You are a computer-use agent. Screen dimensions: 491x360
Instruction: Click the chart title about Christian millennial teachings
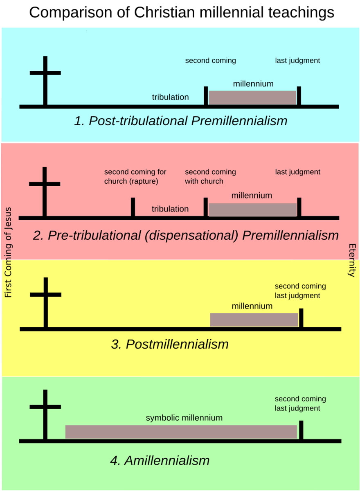182,13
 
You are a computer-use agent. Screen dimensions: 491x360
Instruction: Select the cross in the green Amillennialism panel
45,413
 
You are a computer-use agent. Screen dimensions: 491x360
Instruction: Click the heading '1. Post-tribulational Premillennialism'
180,121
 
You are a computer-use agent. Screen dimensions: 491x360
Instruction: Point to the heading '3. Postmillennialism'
169,344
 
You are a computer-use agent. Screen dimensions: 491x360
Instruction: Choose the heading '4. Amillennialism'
160,460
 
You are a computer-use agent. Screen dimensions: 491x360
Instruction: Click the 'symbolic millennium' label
184,418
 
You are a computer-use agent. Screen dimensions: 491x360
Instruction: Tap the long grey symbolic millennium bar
181,432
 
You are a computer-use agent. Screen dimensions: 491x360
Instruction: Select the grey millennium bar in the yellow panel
254,320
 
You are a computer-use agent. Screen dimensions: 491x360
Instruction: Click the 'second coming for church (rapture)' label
135,176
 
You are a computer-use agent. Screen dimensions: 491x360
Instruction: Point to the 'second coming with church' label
210,176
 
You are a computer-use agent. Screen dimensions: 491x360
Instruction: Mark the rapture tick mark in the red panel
133,207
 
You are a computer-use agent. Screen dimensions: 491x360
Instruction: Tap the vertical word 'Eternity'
351,260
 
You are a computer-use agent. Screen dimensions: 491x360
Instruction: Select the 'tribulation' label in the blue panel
170,97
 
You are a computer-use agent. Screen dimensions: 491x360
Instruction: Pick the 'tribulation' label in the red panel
170,209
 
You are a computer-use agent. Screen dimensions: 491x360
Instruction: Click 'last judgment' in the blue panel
297,61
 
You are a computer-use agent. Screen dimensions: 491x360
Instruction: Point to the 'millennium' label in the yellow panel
252,306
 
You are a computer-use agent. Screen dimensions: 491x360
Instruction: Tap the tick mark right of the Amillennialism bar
301,430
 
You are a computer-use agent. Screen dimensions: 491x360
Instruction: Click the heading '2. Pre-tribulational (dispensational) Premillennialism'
186,235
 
